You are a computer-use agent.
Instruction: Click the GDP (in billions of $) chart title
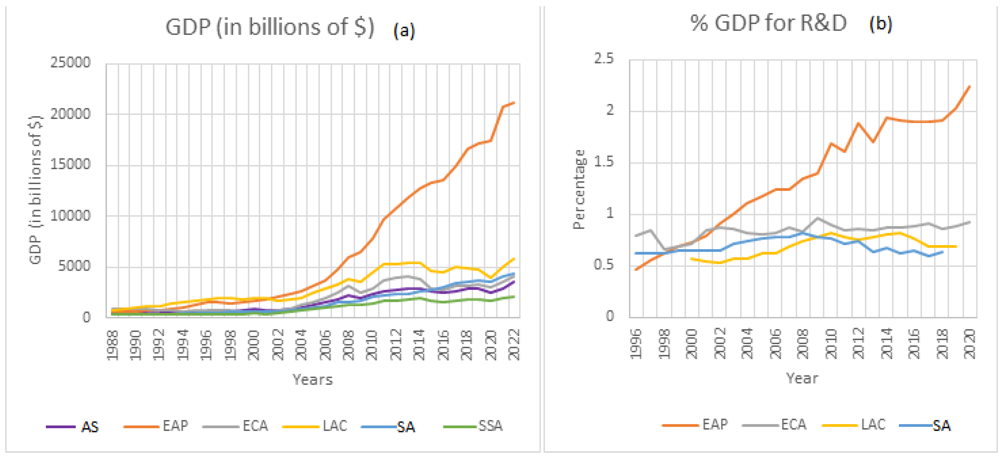(270, 27)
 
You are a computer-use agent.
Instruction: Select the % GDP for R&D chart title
(768, 23)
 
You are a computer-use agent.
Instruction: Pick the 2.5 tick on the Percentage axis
(604, 59)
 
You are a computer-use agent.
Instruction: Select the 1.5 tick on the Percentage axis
(604, 162)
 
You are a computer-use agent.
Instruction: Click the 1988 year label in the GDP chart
(112, 345)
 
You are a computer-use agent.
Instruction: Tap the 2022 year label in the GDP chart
(514, 345)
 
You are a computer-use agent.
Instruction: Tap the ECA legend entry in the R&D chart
(775, 424)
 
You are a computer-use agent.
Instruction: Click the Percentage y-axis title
(579, 190)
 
